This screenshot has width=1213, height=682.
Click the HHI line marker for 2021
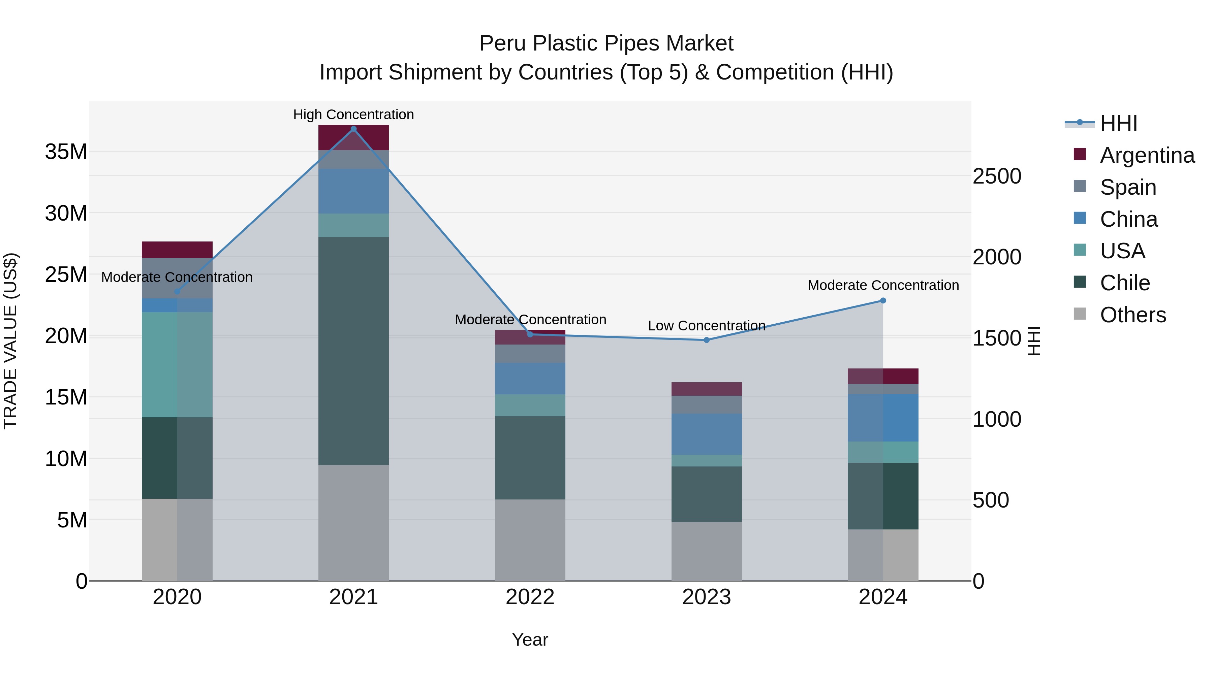(354, 129)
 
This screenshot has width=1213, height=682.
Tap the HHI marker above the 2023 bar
(706, 340)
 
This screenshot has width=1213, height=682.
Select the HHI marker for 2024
(883, 300)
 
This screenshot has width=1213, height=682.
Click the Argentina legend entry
(1147, 155)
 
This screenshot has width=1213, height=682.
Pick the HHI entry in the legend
(1118, 123)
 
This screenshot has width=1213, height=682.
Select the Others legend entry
(1132, 315)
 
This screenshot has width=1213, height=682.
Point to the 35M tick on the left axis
(66, 152)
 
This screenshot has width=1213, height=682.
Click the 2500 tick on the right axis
(996, 176)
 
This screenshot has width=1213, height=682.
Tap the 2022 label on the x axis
(530, 597)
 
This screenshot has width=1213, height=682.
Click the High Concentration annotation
(354, 115)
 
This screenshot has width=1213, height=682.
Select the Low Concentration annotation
(706, 326)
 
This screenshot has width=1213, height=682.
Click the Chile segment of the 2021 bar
(354, 351)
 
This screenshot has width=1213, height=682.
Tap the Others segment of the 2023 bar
(706, 551)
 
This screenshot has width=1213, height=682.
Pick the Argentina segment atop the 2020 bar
(177, 250)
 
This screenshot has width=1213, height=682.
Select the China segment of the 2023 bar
(706, 434)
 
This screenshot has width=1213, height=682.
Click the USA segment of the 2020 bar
(177, 364)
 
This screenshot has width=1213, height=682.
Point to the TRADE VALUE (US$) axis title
(10, 341)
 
